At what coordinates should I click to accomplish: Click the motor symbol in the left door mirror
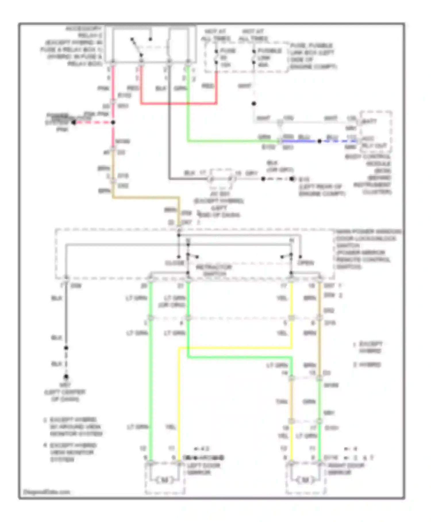pos(164,480)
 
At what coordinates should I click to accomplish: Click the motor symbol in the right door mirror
pos(305,480)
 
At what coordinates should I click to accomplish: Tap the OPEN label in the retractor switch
pos(305,263)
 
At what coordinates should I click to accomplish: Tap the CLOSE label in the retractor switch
pos(174,263)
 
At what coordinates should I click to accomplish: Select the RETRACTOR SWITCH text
pos(213,270)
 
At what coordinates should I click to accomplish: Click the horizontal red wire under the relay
pos(178,103)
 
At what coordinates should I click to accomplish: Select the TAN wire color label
pos(282,402)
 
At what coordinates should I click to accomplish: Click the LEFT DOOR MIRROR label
pos(203,469)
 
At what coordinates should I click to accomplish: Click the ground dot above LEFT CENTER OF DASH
pos(66,376)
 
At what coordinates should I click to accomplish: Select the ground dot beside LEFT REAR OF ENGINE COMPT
pos(292,179)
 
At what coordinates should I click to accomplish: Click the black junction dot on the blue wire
pos(319,141)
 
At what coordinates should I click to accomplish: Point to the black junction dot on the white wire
pos(254,104)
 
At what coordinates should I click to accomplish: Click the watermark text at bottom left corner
pos(47,492)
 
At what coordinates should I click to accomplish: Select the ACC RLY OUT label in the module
pos(374,142)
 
